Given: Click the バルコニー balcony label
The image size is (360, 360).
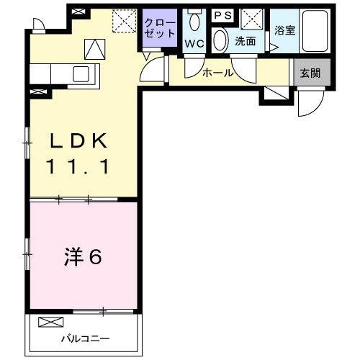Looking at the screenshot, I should (x=85, y=338).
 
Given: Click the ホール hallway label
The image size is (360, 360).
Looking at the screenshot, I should (x=217, y=72).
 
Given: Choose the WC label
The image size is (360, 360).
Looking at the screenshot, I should (x=194, y=42).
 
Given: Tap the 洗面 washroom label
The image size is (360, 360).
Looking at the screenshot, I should (x=246, y=41).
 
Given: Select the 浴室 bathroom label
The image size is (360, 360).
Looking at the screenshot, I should (x=284, y=31).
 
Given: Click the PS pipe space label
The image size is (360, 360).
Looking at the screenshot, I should (x=222, y=14).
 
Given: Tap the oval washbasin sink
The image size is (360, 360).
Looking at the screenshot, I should (x=220, y=40).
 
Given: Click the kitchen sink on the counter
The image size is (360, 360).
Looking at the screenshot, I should (x=80, y=73).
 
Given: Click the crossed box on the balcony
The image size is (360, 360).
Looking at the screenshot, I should (x=50, y=322).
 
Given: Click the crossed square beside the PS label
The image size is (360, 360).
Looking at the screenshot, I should (x=251, y=17).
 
